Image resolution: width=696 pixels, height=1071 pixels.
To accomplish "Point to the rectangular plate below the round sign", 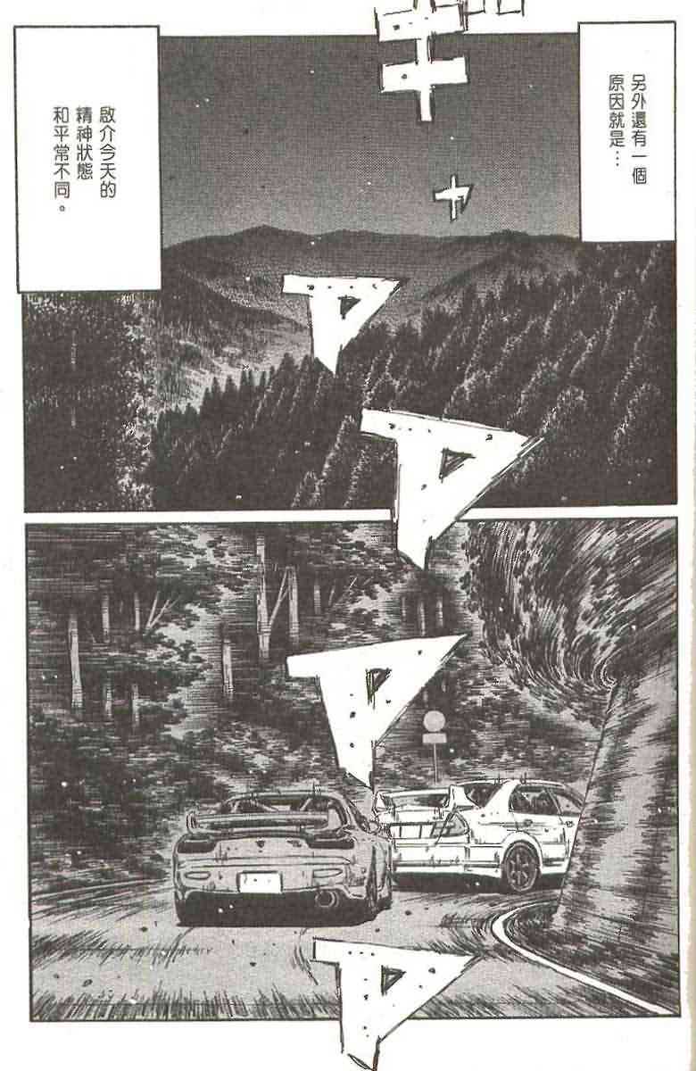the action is point(435,739).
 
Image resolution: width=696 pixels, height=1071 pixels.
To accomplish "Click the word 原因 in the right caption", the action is point(617,91).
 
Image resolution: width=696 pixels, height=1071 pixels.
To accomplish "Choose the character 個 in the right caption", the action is point(638,175).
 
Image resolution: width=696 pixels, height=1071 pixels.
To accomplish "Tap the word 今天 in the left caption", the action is point(108,160).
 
